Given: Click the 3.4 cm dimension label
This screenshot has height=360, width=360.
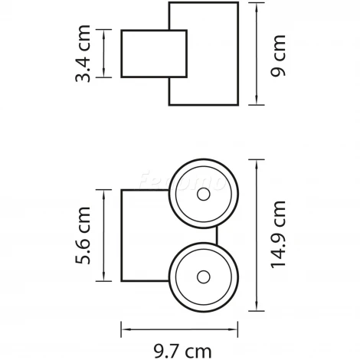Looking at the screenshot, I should tap(88, 54).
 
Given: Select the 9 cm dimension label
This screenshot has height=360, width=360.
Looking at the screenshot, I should tap(279, 54).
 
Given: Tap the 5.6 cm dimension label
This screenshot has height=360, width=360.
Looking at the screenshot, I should tap(88, 237).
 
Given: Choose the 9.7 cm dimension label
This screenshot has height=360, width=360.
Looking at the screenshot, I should tap(181, 351).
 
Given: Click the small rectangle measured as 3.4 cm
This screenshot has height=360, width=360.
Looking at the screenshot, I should tap(153, 54).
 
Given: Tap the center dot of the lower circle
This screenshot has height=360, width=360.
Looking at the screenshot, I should tap(203, 275).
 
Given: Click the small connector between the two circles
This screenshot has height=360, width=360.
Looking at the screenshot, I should tap(218, 235).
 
